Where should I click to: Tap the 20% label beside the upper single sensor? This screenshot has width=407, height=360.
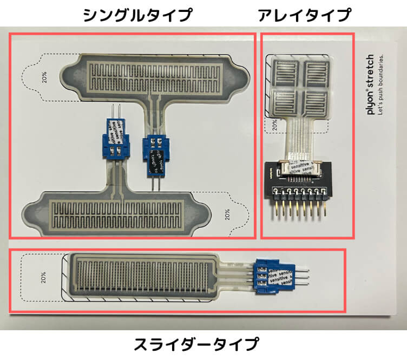click(44, 78)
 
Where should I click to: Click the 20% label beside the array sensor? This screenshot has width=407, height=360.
click(274, 126)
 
